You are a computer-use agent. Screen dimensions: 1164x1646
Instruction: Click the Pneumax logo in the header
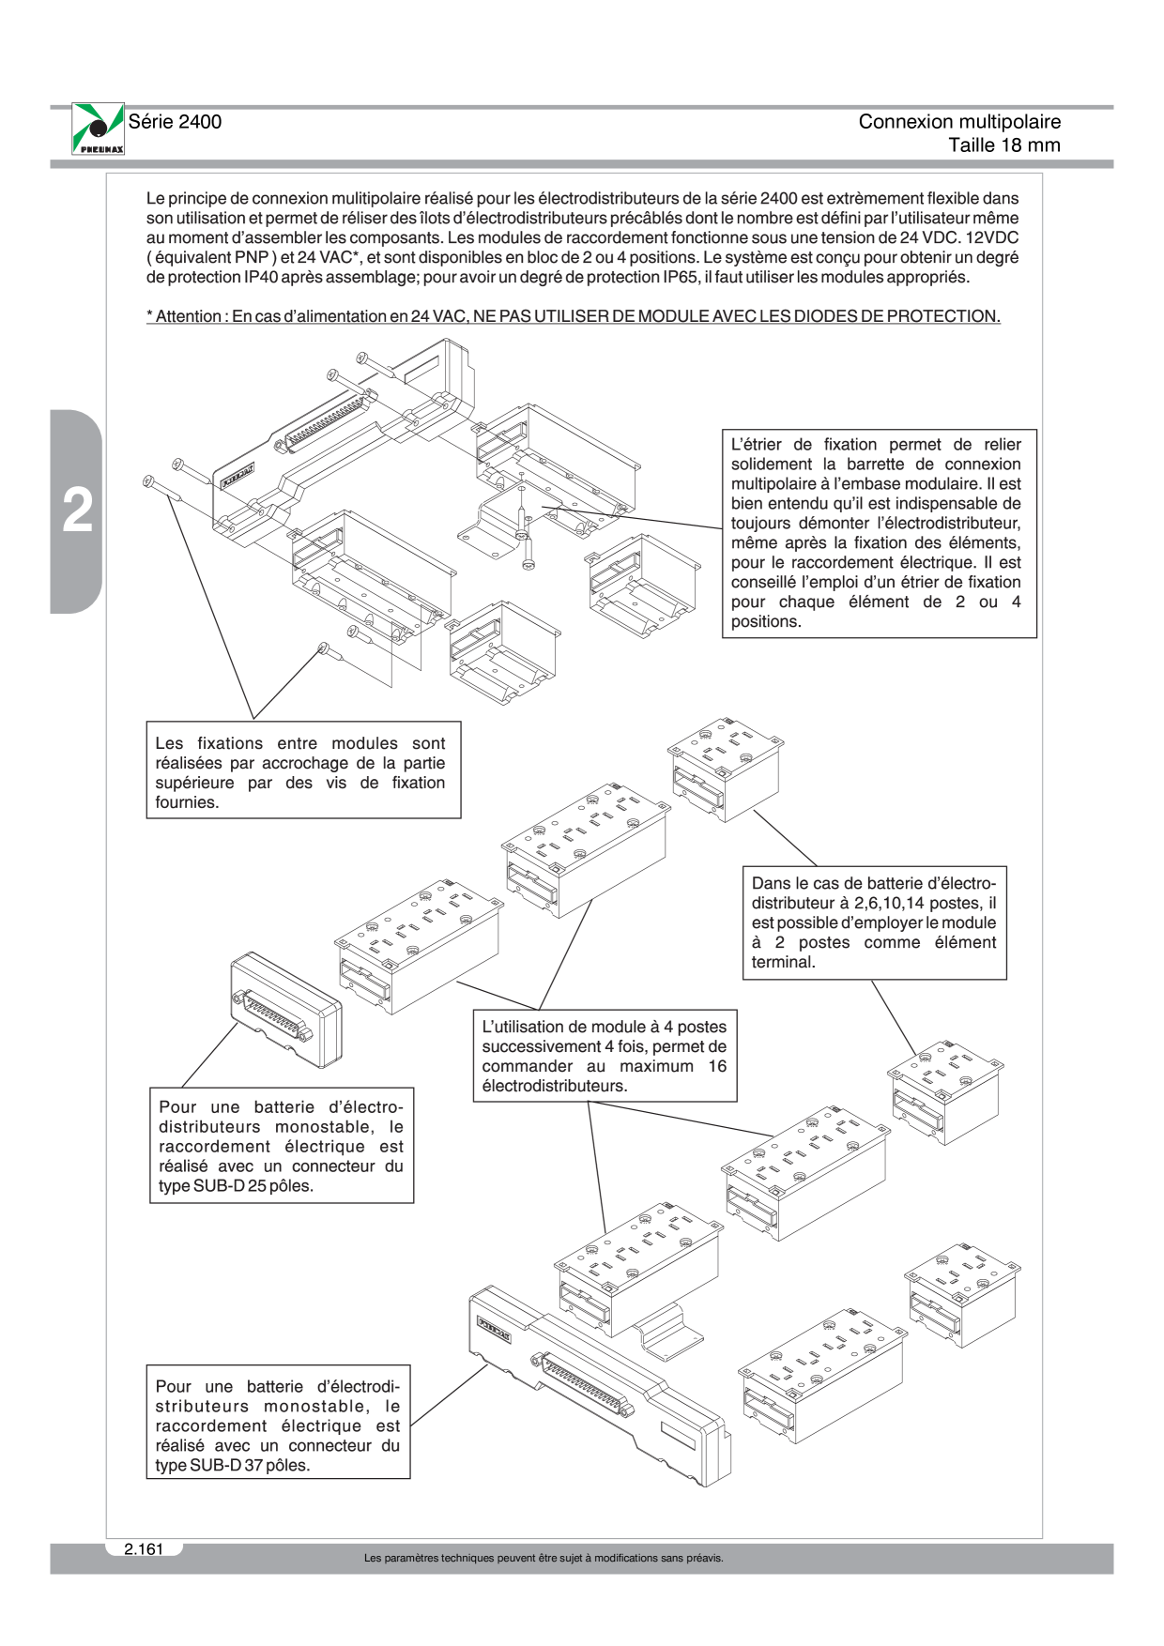click(98, 130)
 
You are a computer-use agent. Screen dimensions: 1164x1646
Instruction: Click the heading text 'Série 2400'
click(175, 122)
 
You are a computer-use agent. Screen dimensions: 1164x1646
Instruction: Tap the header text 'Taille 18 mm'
click(1004, 145)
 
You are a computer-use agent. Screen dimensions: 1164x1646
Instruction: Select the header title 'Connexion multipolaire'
click(959, 122)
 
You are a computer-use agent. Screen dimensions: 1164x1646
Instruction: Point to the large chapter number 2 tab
click(76, 511)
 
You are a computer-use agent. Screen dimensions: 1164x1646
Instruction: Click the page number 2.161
click(144, 1549)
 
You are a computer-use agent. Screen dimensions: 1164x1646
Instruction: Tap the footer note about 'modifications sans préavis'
click(544, 1559)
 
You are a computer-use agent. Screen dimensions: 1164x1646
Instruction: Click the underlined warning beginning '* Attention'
click(574, 316)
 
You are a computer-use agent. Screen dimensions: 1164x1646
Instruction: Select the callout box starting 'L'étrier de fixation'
click(880, 533)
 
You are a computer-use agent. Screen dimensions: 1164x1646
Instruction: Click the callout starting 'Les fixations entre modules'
click(303, 770)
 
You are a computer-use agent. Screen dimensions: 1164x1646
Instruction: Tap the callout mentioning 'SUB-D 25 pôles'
click(282, 1146)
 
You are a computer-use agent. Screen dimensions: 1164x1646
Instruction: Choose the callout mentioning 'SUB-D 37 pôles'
click(278, 1422)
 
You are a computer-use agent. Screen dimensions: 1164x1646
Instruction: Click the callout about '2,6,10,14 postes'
click(874, 922)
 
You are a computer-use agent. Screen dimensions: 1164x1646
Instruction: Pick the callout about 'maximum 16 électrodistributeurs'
click(605, 1056)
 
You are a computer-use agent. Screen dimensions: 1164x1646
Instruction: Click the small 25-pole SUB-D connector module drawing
click(286, 1010)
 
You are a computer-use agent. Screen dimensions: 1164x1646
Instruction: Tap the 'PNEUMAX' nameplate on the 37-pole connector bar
click(494, 1330)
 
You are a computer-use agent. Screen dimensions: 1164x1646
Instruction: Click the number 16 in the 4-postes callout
click(717, 1066)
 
